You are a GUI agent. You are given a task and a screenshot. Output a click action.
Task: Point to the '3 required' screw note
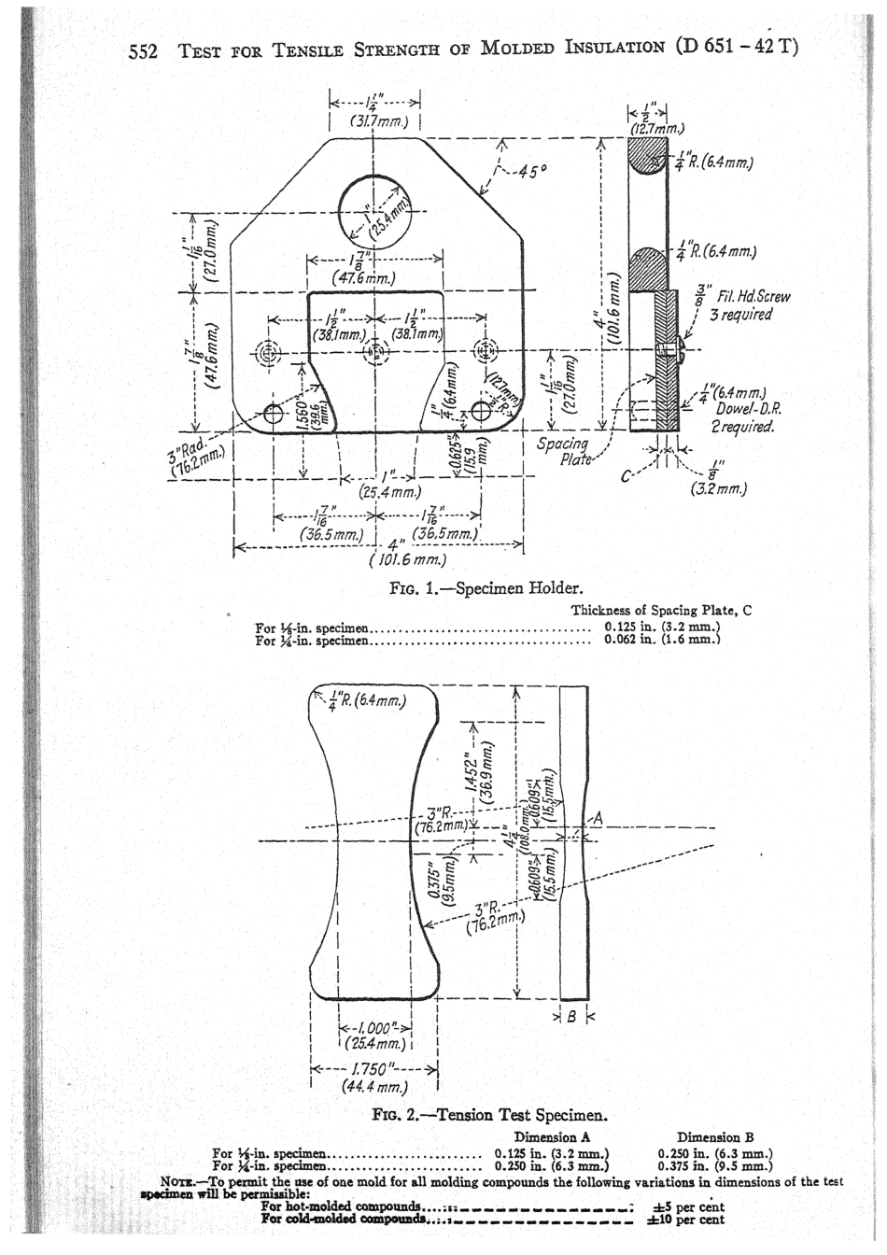pos(742,314)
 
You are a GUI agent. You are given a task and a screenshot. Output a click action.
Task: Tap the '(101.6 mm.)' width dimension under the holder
pos(405,560)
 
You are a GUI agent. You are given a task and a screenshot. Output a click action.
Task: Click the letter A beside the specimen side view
pos(598,819)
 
